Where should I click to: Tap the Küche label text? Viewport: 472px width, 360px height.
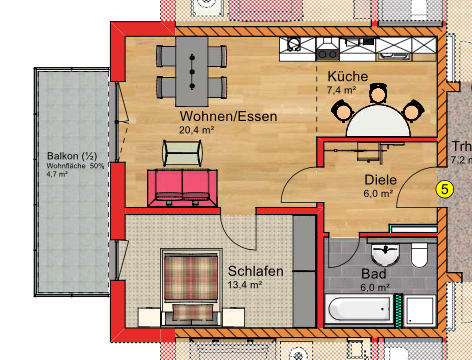tap(347, 77)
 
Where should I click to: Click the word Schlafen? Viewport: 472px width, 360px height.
tap(256, 271)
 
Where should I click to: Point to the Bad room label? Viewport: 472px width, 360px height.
tap(374, 272)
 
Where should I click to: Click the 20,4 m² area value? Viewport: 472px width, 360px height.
tap(197, 130)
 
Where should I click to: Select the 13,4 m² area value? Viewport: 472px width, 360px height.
tap(245, 284)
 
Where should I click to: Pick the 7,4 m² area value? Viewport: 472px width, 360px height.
tap(341, 90)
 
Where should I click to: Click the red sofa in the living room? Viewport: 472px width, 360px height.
tap(183, 186)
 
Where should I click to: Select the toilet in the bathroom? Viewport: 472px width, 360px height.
tap(419, 254)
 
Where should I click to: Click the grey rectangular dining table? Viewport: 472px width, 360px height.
tap(190, 70)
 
